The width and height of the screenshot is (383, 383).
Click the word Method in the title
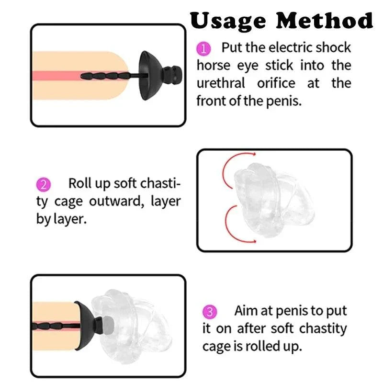coord(325,20)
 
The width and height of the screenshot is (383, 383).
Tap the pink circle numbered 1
coord(203,49)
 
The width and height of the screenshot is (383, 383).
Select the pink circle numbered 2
coord(44,184)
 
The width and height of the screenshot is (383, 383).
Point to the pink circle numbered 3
coord(210,312)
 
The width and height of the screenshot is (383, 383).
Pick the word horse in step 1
coord(214,66)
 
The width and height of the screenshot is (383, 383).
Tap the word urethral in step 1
coord(221,83)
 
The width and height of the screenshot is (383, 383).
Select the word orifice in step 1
coord(276,83)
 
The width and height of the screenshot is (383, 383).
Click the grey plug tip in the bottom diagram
coord(108,325)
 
